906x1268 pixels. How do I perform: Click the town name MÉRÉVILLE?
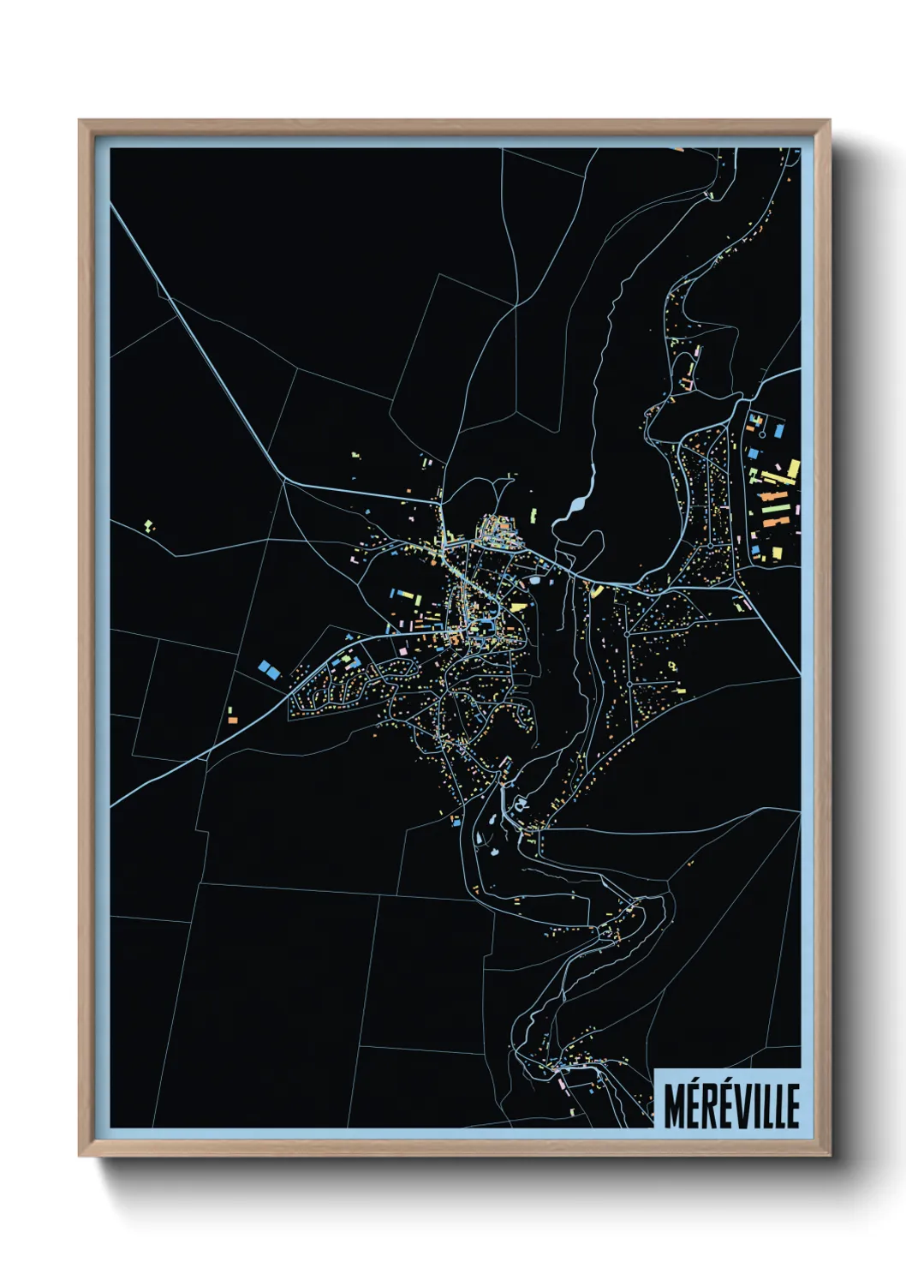pos(731,1105)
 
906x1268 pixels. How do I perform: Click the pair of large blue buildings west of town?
pos(269,669)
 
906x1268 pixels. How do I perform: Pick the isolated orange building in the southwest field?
pos(232,720)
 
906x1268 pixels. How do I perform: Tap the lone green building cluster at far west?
pos(149,524)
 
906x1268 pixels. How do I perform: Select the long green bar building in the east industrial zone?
pos(774,521)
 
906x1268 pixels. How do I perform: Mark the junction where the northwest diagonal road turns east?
pos(283,481)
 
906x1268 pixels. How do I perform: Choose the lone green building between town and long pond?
pos(533,516)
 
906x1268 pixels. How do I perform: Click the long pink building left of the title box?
pos(563,1083)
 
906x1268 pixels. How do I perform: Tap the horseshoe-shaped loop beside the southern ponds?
pos(493,819)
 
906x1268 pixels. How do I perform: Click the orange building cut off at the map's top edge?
pos(678,150)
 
